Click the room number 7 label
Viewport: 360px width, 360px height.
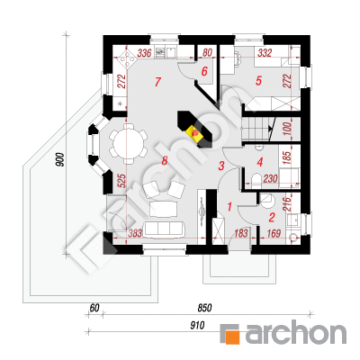click(158, 82)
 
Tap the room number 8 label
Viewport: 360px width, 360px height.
click(165, 161)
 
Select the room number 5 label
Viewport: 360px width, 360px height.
click(258, 81)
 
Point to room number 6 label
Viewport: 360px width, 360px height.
click(204, 71)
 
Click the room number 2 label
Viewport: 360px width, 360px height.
click(272, 218)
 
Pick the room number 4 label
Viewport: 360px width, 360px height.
click(260, 162)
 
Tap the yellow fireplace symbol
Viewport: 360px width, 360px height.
click(195, 133)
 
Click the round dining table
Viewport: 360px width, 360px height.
click(128, 143)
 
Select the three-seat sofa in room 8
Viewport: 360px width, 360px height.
click(164, 229)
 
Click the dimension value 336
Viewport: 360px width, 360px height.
click(144, 54)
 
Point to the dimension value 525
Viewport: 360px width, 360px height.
click(122, 181)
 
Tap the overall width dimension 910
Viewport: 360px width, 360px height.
click(197, 325)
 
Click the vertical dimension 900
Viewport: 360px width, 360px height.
click(60, 160)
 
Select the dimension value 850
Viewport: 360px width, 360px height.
click(204, 308)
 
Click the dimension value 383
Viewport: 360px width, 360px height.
click(135, 233)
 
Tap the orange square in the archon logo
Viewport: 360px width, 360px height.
click(233, 337)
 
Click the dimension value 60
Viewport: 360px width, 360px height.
click(94, 308)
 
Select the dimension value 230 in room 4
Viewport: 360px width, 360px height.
click(270, 179)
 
